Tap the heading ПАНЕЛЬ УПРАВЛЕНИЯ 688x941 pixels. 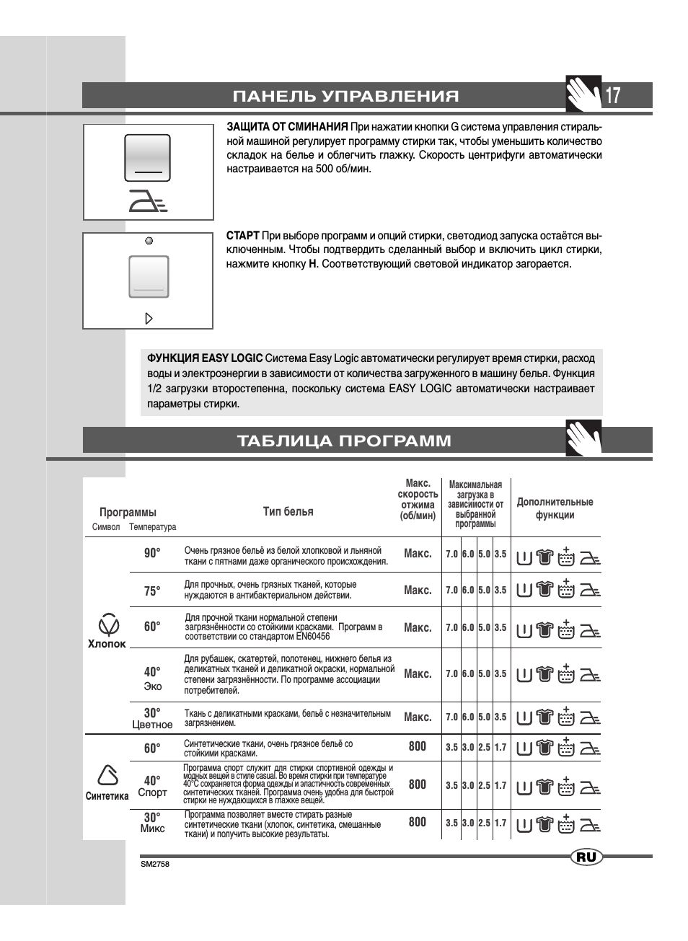pyautogui.click(x=345, y=97)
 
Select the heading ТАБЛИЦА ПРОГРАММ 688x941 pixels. pyautogui.click(x=344, y=441)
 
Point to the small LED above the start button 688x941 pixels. pyautogui.click(x=149, y=241)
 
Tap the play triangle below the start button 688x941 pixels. pyautogui.click(x=149, y=318)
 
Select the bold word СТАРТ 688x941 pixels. pyautogui.click(x=242, y=235)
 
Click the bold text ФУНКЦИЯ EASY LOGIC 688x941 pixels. pyautogui.click(x=205, y=358)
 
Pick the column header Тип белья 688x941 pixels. pyautogui.click(x=288, y=511)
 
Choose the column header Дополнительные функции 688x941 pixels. pyautogui.click(x=555, y=508)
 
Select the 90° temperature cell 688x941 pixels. pyautogui.click(x=152, y=553)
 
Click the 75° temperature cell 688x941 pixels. pyautogui.click(x=152, y=591)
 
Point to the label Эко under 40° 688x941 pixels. pyautogui.click(x=153, y=686)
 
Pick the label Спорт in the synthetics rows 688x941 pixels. pyautogui.click(x=152, y=792)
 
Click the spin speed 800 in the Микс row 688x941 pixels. pyautogui.click(x=418, y=821)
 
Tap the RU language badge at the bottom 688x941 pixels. pyautogui.click(x=586, y=857)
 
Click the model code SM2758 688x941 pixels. pyautogui.click(x=155, y=864)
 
